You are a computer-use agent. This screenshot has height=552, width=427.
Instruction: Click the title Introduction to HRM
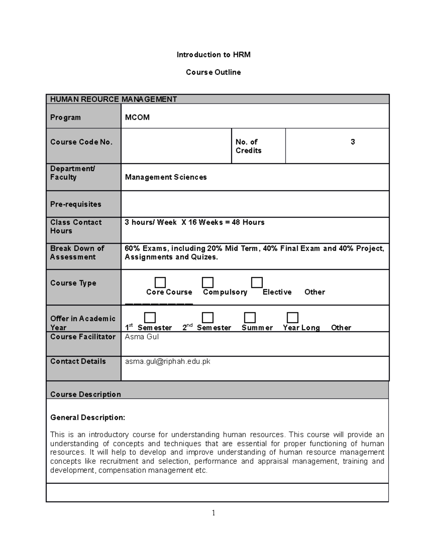click(213, 55)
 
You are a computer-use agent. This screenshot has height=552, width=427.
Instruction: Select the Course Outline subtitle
click(213, 72)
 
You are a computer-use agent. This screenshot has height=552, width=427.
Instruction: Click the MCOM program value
click(137, 118)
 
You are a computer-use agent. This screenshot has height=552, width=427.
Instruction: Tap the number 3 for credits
click(353, 142)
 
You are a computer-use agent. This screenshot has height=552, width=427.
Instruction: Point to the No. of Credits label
click(248, 146)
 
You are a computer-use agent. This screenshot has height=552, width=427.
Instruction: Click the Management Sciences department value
click(166, 177)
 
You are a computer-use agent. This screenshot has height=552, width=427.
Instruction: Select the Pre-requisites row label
click(75, 204)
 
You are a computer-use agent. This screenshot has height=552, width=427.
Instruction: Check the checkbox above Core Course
click(160, 283)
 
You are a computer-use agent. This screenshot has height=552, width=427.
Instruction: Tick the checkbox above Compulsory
click(207, 283)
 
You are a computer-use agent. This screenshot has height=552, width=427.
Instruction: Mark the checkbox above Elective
click(257, 283)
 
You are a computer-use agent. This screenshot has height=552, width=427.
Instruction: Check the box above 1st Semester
click(150, 317)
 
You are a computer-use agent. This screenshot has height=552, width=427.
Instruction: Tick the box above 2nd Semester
click(207, 317)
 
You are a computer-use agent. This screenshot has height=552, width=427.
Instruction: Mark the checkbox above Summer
click(250, 317)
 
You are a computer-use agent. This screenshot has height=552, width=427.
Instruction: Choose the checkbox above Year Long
click(292, 317)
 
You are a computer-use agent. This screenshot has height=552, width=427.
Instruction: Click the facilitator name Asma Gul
click(142, 337)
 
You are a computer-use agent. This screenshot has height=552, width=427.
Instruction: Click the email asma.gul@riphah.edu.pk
click(168, 361)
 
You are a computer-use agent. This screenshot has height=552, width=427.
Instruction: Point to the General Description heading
click(88, 418)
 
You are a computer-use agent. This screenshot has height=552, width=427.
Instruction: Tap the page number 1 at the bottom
click(213, 513)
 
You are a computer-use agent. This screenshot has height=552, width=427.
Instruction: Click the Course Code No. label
click(81, 142)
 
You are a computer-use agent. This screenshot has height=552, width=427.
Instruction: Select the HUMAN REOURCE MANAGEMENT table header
click(114, 100)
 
